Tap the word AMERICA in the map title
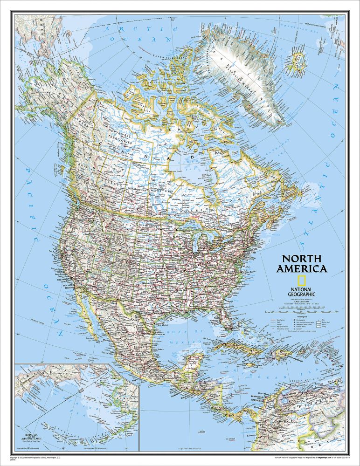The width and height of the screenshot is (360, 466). click(302, 269)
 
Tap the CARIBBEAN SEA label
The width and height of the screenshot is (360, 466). click(261, 373)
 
